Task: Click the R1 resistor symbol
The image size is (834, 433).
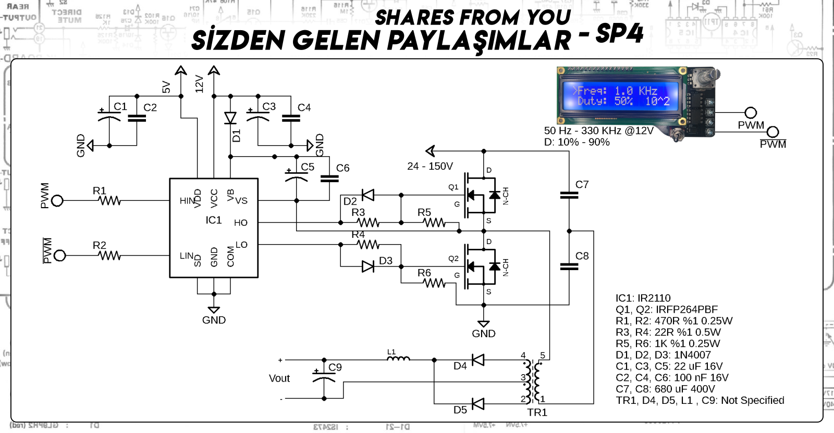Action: [x=109, y=200]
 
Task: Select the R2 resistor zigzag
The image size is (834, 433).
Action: [x=110, y=256]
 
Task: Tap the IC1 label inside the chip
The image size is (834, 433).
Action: [x=214, y=220]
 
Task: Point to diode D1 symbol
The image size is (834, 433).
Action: [x=230, y=118]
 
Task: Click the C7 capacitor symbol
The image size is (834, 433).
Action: [x=569, y=195]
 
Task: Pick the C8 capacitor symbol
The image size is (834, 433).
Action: [x=569, y=266]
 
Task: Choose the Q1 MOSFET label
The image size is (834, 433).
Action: [x=453, y=187]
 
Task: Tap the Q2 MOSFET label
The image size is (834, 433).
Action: [x=453, y=259]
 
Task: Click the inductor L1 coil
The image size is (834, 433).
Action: [x=398, y=359]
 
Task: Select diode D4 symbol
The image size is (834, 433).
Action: [x=477, y=360]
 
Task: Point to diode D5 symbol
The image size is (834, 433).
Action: [x=477, y=404]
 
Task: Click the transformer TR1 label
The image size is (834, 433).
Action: [x=537, y=413]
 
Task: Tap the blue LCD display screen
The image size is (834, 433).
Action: [x=620, y=96]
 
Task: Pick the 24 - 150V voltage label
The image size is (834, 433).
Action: [x=430, y=167]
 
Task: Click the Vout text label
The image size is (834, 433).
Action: [x=279, y=378]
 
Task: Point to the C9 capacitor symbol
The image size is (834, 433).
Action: [x=324, y=379]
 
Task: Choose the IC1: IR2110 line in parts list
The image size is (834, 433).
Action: [x=643, y=298]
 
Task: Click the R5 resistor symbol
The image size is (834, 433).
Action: [x=434, y=223]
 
